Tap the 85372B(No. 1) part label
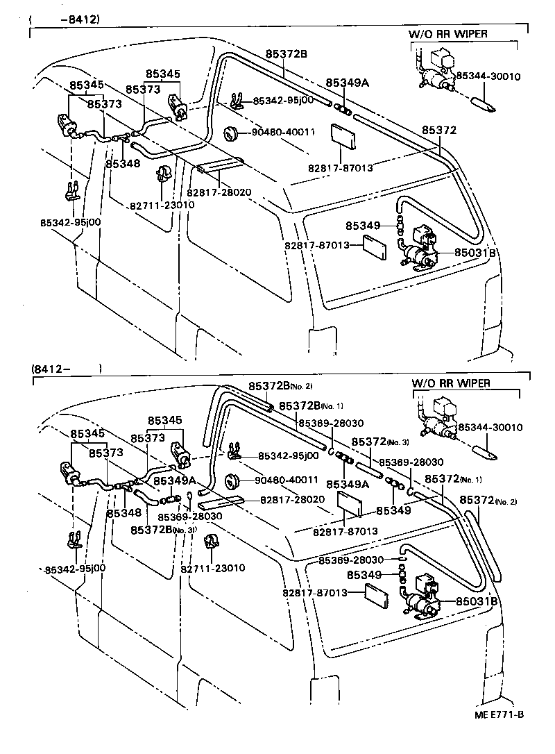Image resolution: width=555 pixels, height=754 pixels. point(311,405)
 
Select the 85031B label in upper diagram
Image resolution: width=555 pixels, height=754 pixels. point(476,253)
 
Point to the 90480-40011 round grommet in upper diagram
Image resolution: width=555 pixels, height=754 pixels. point(230,133)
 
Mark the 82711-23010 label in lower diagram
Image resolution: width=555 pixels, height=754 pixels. point(213,568)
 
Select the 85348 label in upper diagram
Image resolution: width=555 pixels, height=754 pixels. point(123,164)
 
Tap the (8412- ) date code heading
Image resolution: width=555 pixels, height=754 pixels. point(66,368)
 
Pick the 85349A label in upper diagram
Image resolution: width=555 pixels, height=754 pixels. point(347,83)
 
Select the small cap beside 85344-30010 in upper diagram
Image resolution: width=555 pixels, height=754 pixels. point(483,105)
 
